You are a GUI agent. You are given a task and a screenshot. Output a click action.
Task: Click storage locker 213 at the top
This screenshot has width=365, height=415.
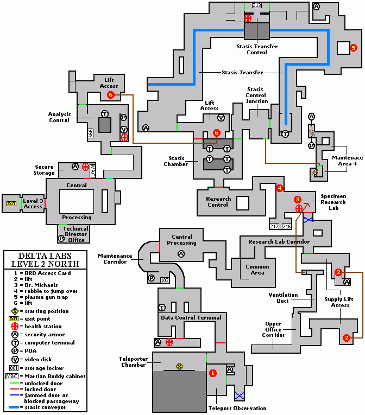coord(257,5)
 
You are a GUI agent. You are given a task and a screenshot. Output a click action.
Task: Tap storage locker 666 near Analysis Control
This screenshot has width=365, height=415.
coord(91,133)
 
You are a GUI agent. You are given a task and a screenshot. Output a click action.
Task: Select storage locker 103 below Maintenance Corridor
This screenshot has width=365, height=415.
coord(165,280)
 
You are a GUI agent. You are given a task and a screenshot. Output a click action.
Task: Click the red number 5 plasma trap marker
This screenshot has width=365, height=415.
coord(354,48)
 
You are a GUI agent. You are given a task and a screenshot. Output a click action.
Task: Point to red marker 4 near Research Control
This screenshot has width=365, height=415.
coord(280,188)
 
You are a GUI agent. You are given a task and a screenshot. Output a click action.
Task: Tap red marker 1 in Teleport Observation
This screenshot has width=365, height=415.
coord(213,373)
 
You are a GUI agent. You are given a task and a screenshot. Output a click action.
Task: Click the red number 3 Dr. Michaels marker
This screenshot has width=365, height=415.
coord(298,200)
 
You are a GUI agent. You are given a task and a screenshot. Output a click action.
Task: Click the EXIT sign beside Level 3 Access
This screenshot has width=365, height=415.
coord(11,203)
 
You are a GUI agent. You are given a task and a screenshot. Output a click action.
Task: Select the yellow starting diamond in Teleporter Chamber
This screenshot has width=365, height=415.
coord(180,367)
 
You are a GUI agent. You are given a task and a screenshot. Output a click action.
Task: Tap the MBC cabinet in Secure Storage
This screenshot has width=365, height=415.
coord(92,168)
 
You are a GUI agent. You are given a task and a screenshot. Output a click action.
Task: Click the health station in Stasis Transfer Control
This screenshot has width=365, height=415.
coord(248,18)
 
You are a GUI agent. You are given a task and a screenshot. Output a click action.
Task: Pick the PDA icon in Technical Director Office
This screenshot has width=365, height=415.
coord(61,238)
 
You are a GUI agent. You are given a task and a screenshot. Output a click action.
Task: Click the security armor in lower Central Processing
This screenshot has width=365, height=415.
coord(181,253)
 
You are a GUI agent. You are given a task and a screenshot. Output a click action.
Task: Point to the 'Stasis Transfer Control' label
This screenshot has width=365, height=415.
coord(257,49)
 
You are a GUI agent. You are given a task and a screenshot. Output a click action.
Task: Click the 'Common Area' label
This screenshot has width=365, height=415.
coord(257,270)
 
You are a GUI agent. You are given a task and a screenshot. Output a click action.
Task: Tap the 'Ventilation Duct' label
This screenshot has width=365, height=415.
coord(283,298)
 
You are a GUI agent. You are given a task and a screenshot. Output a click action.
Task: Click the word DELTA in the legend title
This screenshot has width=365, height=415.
coord(31,256)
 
